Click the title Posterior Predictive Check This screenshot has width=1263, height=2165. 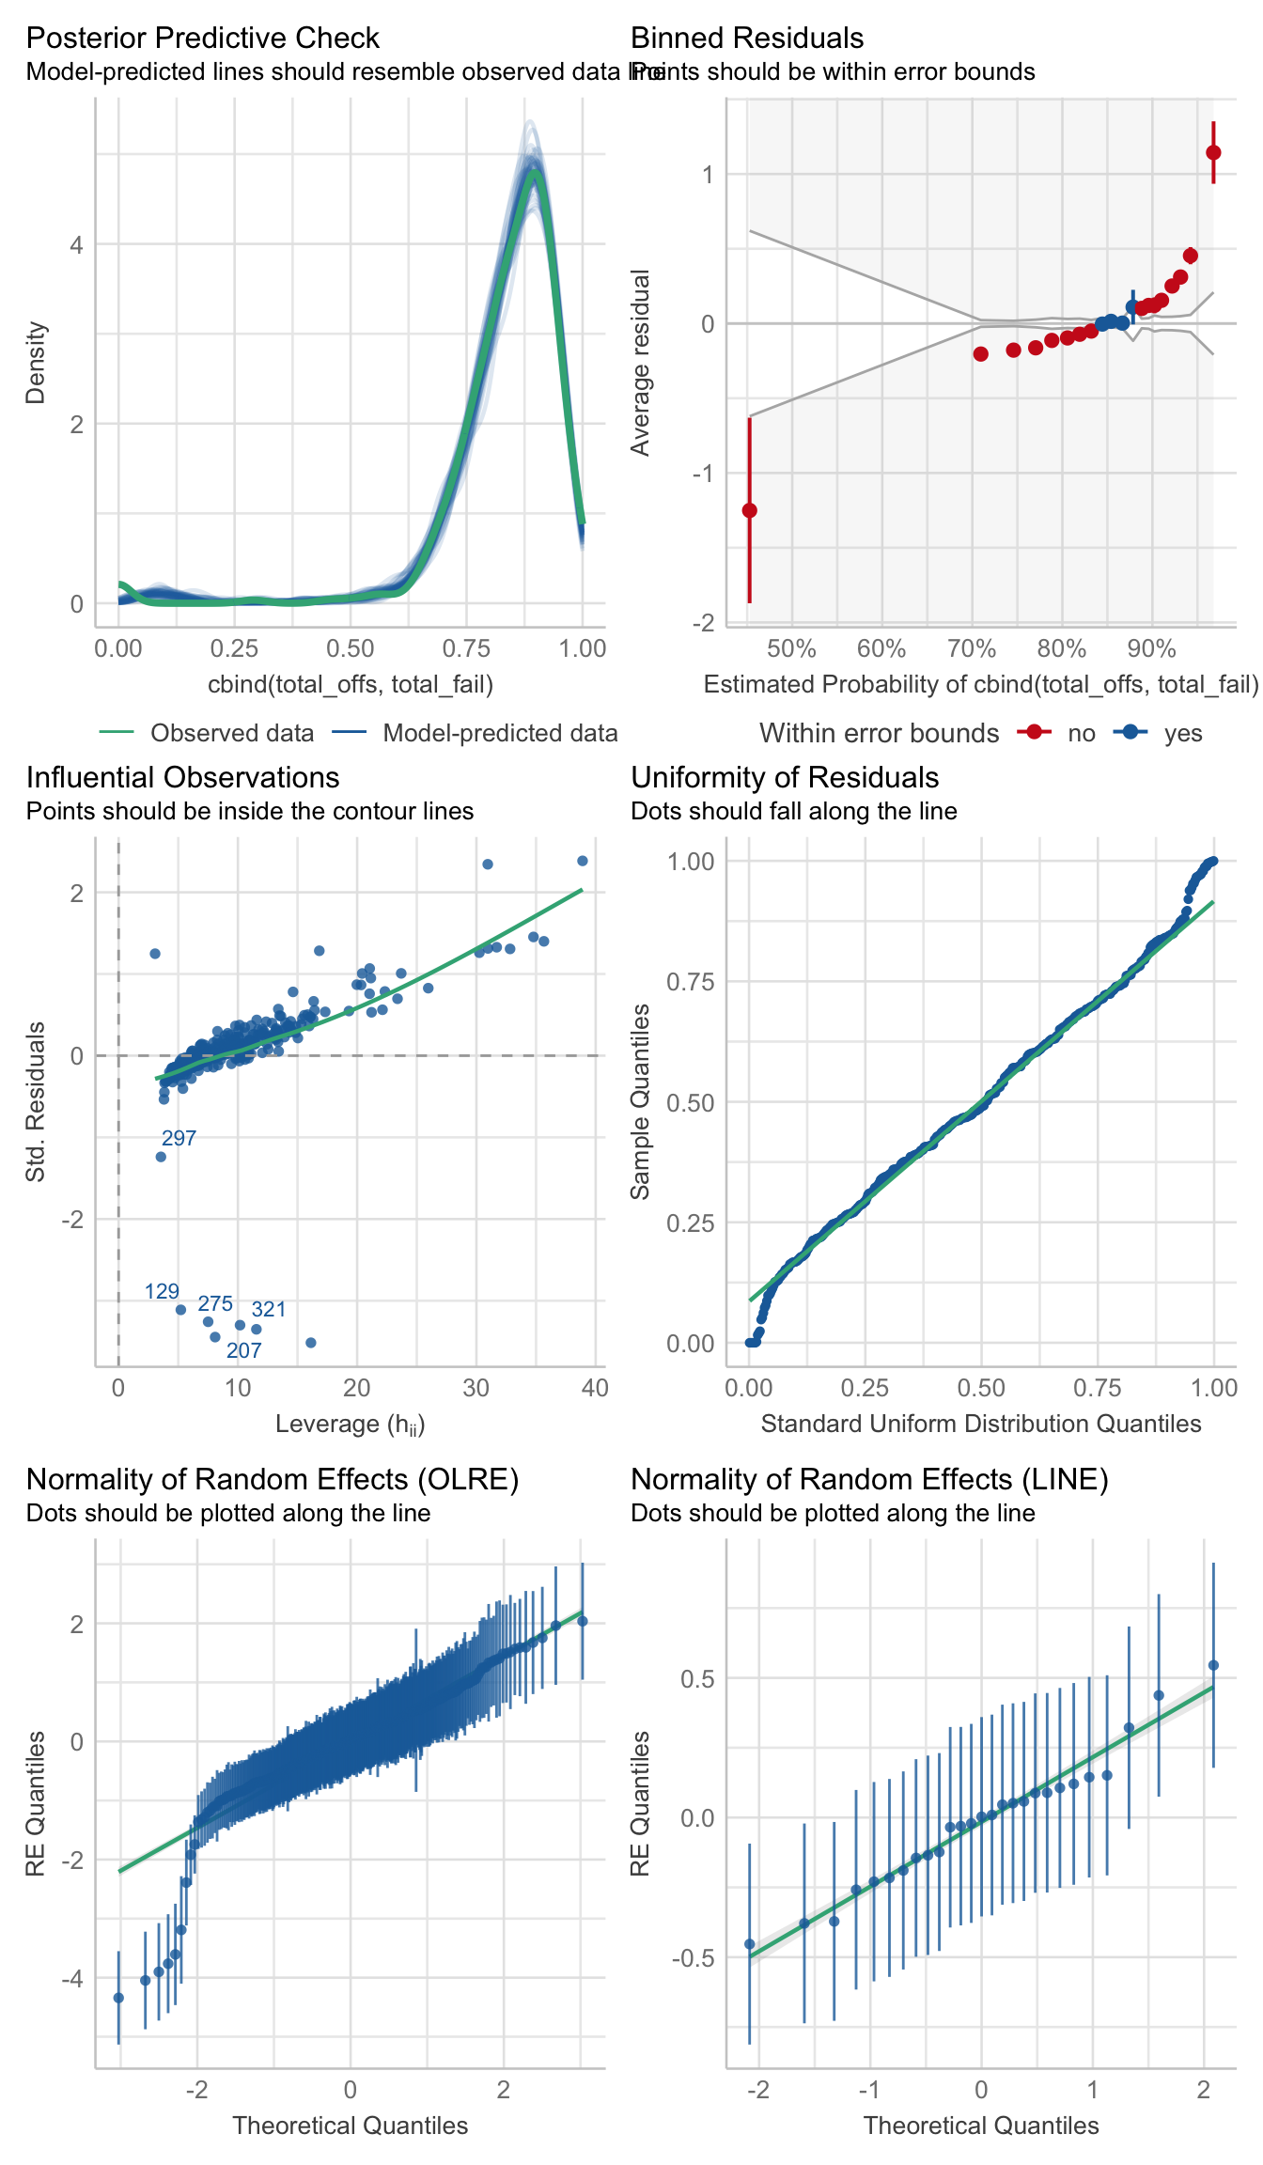(x=202, y=38)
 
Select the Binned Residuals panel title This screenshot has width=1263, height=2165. (x=747, y=38)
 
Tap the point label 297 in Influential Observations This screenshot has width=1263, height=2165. (x=179, y=1138)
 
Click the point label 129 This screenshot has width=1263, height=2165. (x=162, y=1291)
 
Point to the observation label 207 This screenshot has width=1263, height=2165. (x=244, y=1350)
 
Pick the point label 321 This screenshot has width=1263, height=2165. (x=269, y=1309)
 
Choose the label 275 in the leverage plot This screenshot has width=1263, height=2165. (x=215, y=1303)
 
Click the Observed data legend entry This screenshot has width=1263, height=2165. (x=231, y=733)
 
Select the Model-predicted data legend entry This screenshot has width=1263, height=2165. (x=500, y=733)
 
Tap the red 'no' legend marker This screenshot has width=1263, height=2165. (x=1035, y=733)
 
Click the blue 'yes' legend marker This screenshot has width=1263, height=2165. (x=1130, y=733)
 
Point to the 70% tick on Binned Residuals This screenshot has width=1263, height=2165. (x=971, y=648)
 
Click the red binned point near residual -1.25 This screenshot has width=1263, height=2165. (x=749, y=510)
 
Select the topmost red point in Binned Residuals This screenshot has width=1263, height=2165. (x=1213, y=152)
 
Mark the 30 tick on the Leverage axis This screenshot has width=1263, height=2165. (x=476, y=1388)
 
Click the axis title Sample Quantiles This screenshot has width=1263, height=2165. (x=640, y=1101)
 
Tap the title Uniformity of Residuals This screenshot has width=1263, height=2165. (x=785, y=777)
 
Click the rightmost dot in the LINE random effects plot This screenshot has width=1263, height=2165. (x=1213, y=1665)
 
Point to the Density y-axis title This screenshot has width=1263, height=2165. (x=36, y=363)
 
